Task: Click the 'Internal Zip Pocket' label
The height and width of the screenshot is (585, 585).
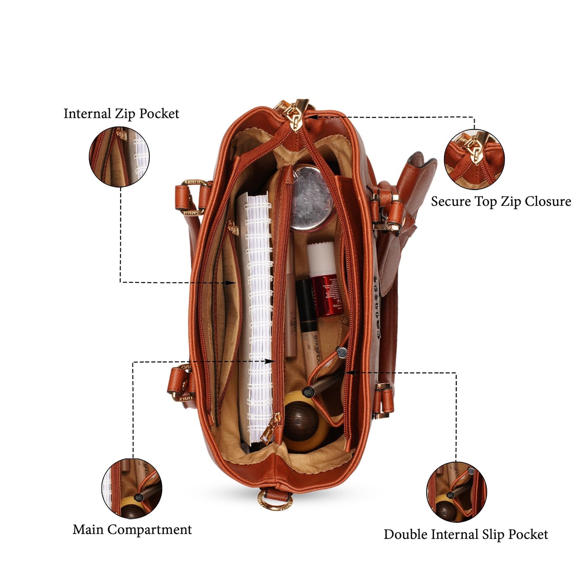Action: pos(121,114)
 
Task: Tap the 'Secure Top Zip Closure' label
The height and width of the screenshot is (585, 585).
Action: pos(501,202)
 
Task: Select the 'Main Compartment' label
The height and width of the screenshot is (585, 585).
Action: pos(132,530)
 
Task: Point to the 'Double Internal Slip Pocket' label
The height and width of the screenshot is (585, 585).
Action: pos(466,534)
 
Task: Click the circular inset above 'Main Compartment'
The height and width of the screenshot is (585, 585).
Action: pos(132,489)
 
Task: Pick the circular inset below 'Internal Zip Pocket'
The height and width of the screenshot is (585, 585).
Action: pos(119,157)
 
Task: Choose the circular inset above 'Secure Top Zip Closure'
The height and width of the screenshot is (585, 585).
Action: pos(474,160)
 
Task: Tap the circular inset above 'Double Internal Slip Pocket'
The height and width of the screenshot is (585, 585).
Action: pos(457,492)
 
